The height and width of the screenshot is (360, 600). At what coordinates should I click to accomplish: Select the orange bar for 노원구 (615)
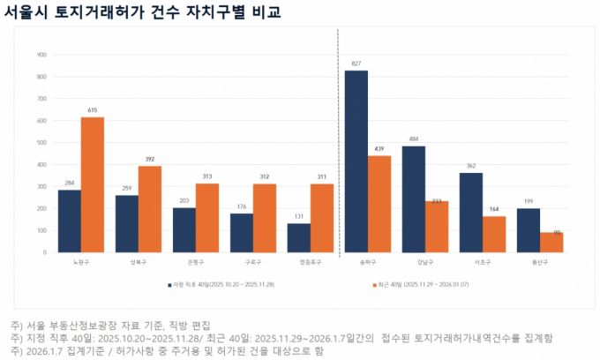click(93, 184)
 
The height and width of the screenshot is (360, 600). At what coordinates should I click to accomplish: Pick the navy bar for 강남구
click(414, 199)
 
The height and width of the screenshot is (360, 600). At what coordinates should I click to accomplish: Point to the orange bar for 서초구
click(494, 234)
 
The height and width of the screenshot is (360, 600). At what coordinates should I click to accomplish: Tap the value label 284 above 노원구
click(70, 183)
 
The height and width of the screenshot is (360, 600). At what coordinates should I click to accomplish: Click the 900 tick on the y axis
click(41, 55)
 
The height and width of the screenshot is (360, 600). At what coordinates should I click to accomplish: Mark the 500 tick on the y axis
click(41, 142)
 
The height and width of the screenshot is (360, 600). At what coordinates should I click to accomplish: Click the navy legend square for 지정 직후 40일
click(169, 285)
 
